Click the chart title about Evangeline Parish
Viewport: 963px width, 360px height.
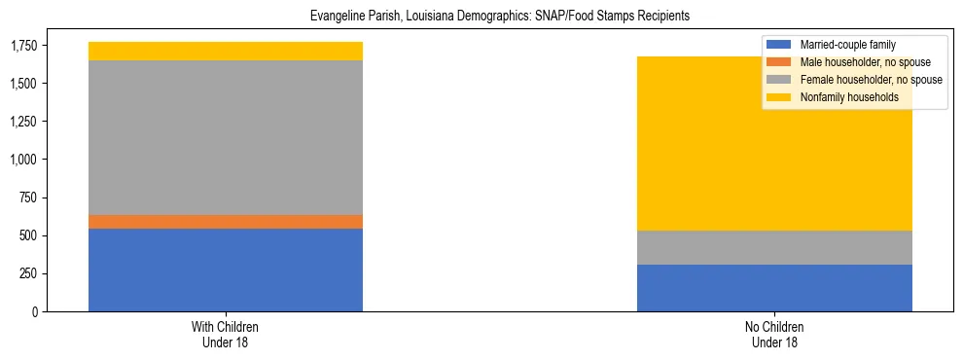[x=500, y=17]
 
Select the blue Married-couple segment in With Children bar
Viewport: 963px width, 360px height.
[x=226, y=270]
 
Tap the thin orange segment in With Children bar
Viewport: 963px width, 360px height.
[x=226, y=222]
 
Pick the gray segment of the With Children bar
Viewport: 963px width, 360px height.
[x=226, y=137]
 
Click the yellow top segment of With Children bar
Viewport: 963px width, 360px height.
[x=226, y=51]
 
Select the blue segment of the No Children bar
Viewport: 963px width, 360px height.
[x=774, y=288]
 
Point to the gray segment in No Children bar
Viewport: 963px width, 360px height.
[x=774, y=247]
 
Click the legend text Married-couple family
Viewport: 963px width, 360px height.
[x=847, y=45]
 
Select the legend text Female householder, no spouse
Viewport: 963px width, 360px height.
[x=871, y=80]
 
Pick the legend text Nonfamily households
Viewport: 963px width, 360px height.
[x=848, y=97]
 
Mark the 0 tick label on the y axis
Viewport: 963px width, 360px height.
[x=36, y=311]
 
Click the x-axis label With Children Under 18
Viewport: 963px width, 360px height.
[x=226, y=334]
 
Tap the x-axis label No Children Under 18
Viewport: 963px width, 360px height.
[x=774, y=334]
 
